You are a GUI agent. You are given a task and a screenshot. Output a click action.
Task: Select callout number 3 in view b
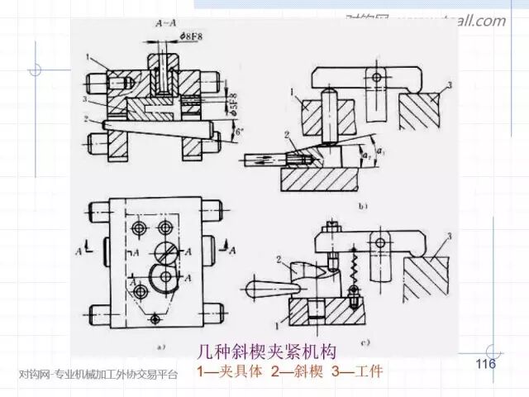[448, 87]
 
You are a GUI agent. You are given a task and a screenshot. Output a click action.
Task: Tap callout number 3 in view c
[448, 237]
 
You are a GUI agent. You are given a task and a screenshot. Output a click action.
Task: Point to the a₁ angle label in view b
[379, 151]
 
